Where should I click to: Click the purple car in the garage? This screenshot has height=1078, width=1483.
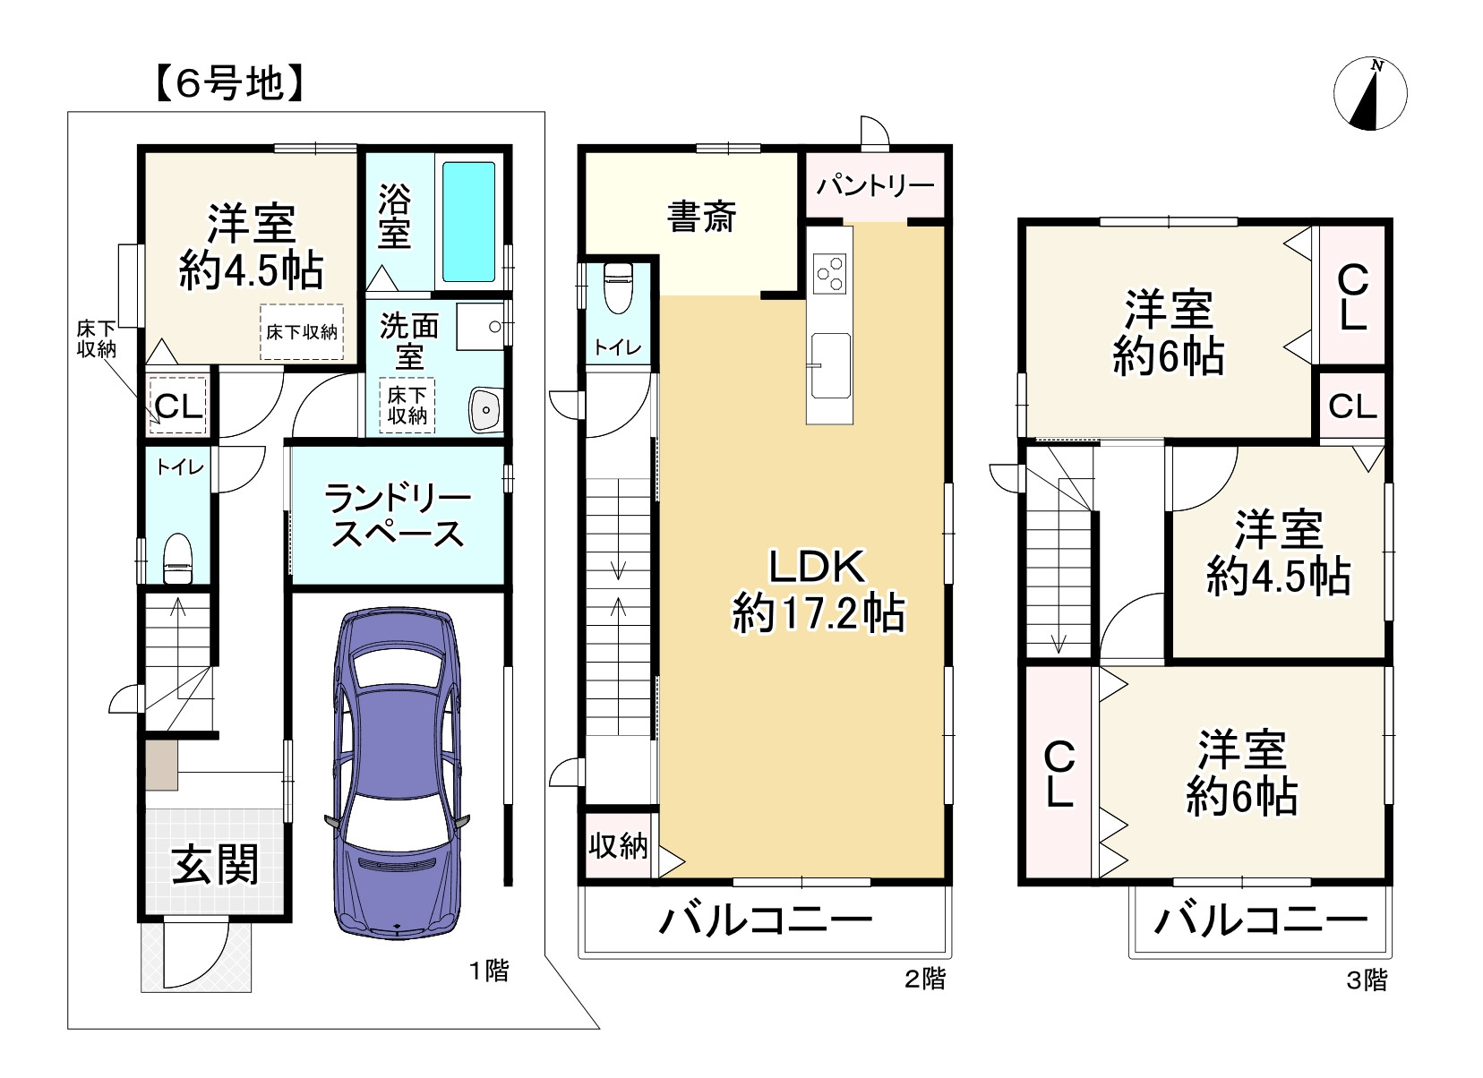(x=397, y=773)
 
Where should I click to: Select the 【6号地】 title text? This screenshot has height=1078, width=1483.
(x=230, y=84)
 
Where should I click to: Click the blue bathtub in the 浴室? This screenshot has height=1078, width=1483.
(x=468, y=222)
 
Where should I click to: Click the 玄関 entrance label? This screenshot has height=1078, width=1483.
(x=215, y=864)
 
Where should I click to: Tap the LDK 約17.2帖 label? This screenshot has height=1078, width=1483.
(x=819, y=590)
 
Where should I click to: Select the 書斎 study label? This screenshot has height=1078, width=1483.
(x=701, y=217)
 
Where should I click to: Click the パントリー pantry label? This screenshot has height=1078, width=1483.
(x=875, y=186)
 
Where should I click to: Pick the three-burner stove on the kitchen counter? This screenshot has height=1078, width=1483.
(x=830, y=273)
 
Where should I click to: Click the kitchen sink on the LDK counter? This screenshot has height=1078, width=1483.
(x=831, y=365)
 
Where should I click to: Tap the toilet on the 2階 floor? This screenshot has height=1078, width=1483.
(x=618, y=288)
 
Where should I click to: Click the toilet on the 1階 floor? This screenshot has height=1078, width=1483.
(x=177, y=559)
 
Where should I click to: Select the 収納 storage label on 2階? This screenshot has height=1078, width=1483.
(x=618, y=846)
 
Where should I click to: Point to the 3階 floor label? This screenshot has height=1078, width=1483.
(x=1367, y=980)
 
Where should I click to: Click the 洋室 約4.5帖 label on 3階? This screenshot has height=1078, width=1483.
(x=1279, y=553)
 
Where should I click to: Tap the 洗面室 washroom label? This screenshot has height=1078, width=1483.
(x=409, y=341)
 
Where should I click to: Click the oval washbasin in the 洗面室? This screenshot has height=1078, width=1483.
(x=486, y=410)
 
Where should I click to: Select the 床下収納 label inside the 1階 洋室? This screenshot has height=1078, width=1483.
(x=302, y=332)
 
